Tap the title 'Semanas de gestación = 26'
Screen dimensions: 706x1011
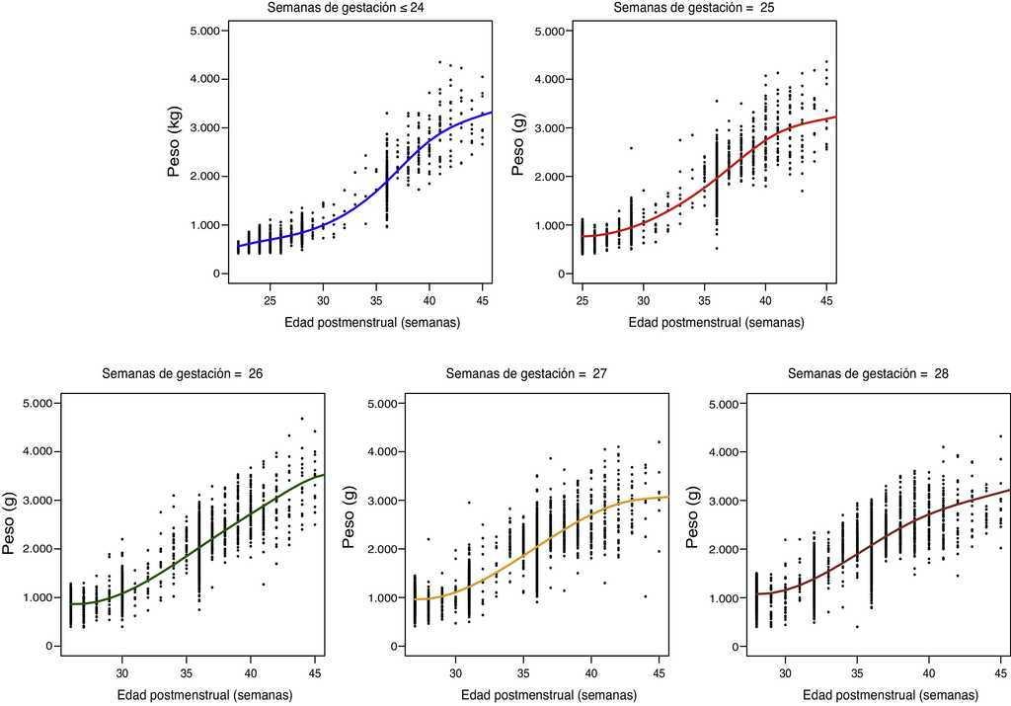pos(182,374)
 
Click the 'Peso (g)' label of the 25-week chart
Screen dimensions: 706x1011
pos(518,153)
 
